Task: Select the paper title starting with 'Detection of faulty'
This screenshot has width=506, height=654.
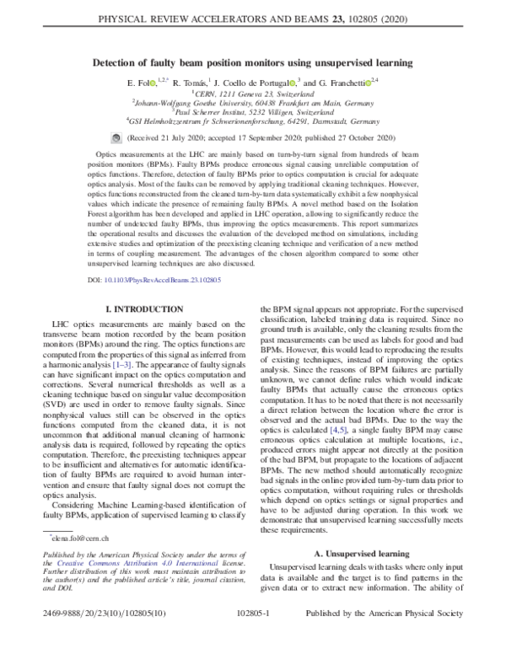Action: [x=253, y=62]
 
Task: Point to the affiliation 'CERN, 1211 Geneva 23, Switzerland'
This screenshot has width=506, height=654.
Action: [x=253, y=94]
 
